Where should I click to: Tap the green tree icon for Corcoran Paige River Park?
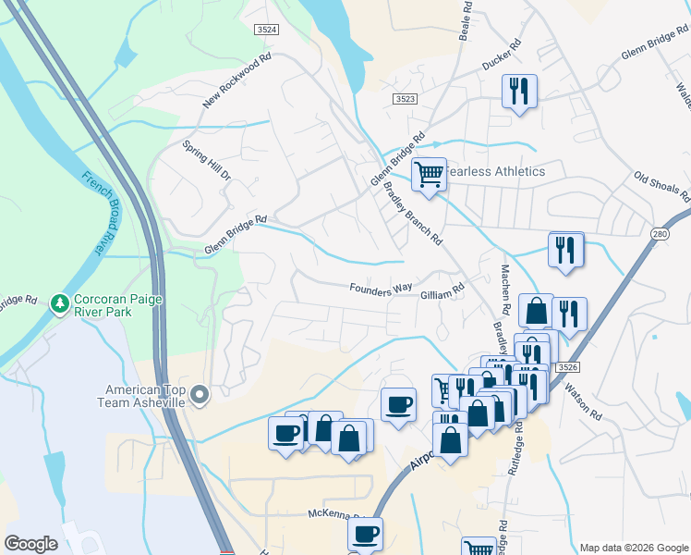click(60, 303)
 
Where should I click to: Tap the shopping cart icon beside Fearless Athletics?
click(429, 173)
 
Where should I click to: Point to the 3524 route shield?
click(266, 30)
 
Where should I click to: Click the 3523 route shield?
click(404, 98)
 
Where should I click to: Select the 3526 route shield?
click(566, 367)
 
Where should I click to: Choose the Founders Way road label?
click(381, 289)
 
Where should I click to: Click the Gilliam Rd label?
click(442, 291)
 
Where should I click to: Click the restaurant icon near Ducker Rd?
click(518, 92)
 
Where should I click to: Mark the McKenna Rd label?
click(338, 512)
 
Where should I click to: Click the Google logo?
click(30, 544)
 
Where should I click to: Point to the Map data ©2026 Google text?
click(633, 547)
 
